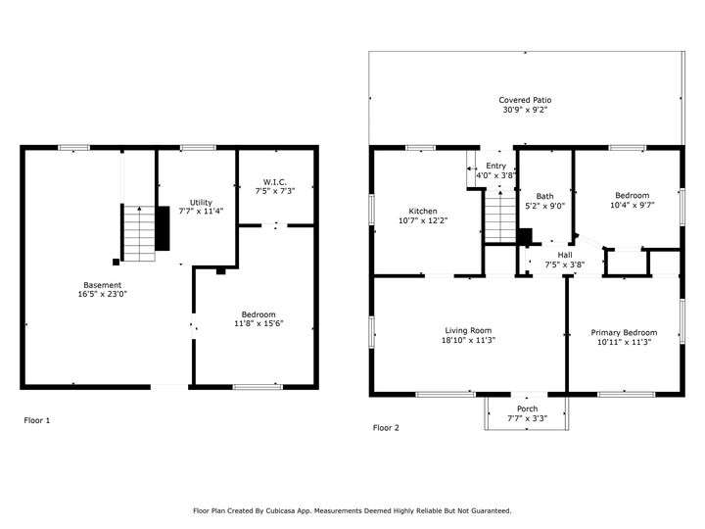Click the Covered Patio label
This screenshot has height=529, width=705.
[x=525, y=100]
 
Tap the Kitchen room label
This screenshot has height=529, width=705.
[x=423, y=211]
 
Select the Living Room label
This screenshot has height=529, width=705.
[x=468, y=330]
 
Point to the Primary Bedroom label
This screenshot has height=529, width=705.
[x=624, y=332]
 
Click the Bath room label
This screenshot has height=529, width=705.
[x=544, y=196]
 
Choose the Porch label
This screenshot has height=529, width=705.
[x=527, y=409]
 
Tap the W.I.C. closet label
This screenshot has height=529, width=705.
[x=275, y=182]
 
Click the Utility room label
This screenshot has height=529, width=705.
[x=201, y=203]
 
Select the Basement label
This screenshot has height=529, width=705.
[x=102, y=285]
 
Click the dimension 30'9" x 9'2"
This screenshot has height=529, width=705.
[x=525, y=110]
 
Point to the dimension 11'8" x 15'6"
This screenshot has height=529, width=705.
[x=258, y=323]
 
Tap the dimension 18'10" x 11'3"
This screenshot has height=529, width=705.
[x=468, y=340]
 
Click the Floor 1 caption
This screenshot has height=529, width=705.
[x=37, y=420]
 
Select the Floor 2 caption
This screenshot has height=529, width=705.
[x=386, y=428]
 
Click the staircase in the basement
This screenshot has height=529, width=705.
[x=139, y=233]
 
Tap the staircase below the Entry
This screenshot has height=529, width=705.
[x=500, y=216]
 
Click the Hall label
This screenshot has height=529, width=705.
[x=565, y=255]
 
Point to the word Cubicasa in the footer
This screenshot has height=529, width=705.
[x=280, y=510]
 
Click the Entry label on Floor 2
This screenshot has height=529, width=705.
[x=495, y=166]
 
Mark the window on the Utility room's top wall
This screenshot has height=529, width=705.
[x=198, y=148]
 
